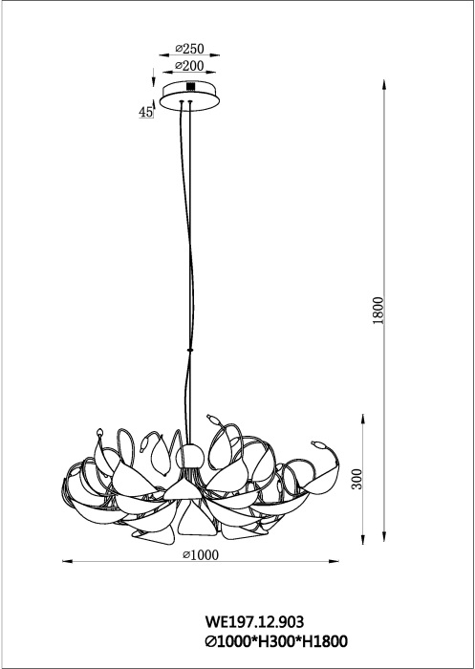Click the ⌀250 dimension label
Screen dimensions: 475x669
tap(189, 49)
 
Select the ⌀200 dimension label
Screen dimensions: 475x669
tap(189, 66)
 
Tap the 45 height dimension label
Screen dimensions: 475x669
tap(145, 112)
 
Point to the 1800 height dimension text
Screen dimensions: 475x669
tap(378, 311)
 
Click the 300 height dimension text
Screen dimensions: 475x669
tap(356, 479)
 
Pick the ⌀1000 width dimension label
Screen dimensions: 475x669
tap(201, 554)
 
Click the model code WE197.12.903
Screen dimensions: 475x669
tap(254, 621)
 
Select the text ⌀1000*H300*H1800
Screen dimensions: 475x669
tap(276, 641)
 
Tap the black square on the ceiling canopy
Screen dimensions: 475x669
tap(190, 86)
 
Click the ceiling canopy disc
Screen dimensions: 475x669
tap(189, 97)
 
